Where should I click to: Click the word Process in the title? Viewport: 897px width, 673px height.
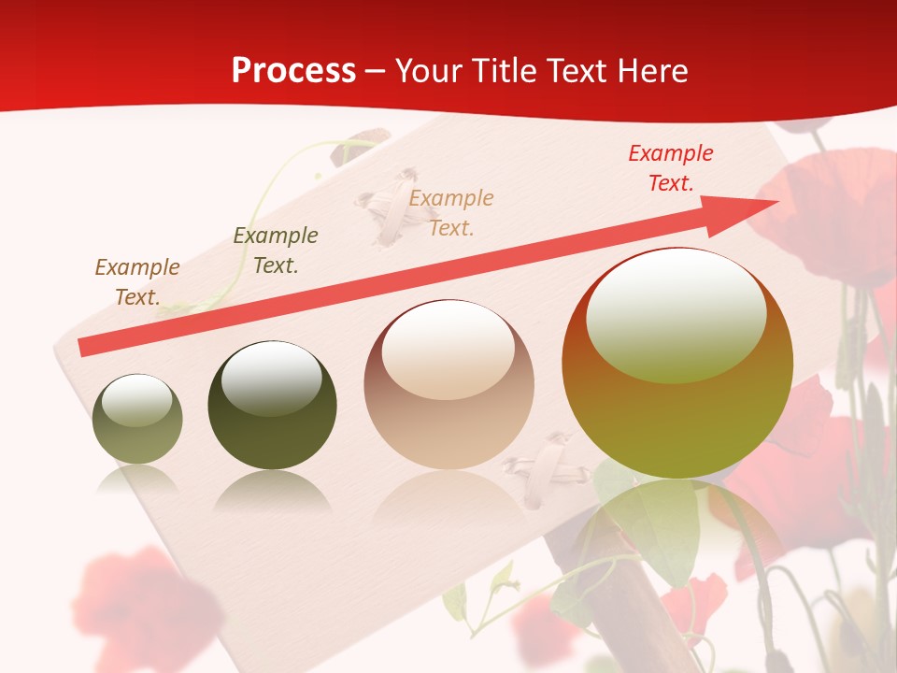pyautogui.click(x=293, y=71)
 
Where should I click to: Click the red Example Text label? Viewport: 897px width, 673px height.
pyautogui.click(x=670, y=168)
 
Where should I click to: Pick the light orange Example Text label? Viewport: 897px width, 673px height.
pyautogui.click(x=451, y=212)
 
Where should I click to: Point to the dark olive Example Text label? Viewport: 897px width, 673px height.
pyautogui.click(x=275, y=251)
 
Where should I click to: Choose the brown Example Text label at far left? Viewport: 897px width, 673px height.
pyautogui.click(x=136, y=282)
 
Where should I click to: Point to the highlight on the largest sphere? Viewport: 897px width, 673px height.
pyautogui.click(x=676, y=313)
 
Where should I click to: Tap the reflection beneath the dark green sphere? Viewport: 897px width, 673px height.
pyautogui.click(x=272, y=491)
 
